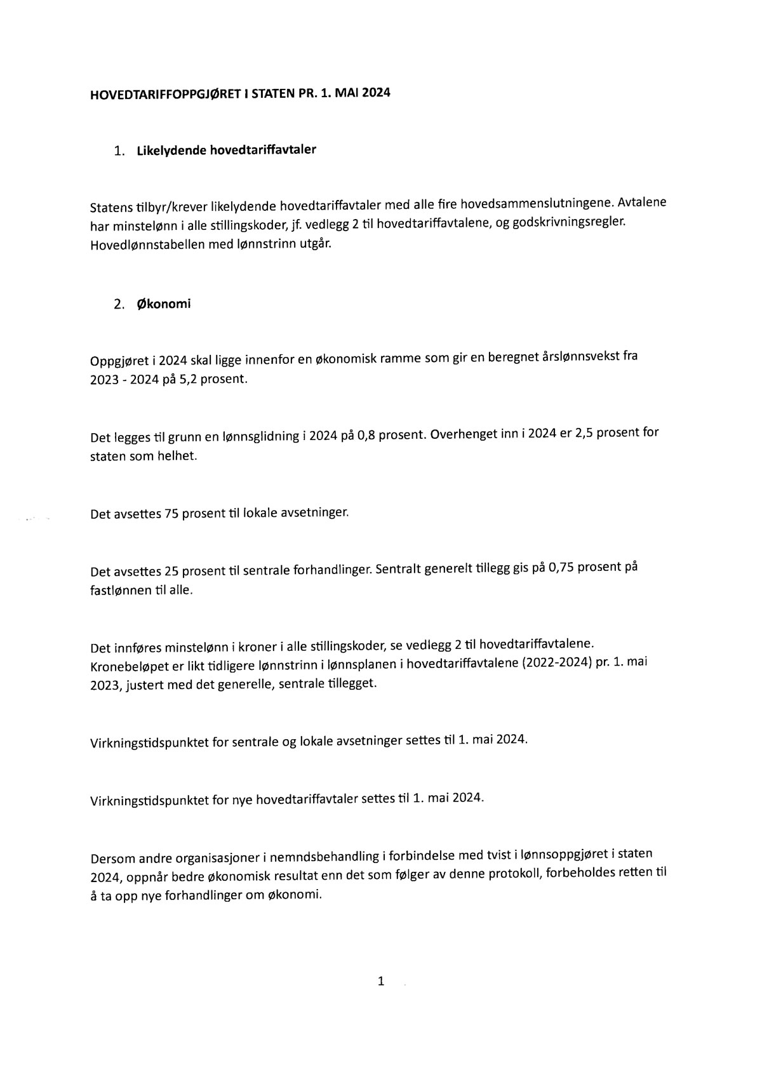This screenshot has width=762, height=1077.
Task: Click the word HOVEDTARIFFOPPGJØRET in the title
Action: click(165, 95)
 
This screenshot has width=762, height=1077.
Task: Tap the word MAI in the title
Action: click(347, 93)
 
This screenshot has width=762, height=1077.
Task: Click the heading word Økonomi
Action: click(164, 304)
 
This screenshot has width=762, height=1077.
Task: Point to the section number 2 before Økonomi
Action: click(118, 304)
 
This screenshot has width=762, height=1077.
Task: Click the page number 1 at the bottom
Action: click(381, 982)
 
